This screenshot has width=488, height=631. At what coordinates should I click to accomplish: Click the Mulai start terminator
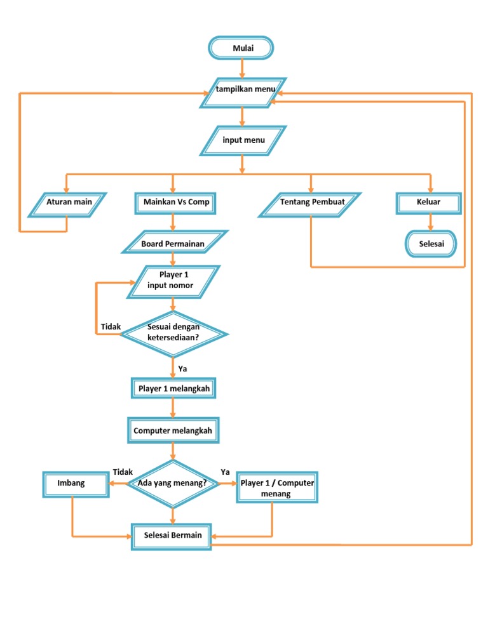tap(241, 48)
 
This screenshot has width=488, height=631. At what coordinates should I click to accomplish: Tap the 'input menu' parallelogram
tap(243, 140)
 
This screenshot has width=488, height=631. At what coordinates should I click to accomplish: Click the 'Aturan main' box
tap(69, 203)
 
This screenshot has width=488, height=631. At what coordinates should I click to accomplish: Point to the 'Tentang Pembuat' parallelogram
tap(311, 203)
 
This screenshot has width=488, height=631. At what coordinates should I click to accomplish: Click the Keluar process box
tap(428, 203)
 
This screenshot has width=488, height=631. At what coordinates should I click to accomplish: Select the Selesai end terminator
tap(430, 244)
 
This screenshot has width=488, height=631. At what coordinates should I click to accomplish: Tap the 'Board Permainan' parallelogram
tap(173, 242)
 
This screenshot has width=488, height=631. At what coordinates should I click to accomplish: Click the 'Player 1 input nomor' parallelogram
tap(173, 281)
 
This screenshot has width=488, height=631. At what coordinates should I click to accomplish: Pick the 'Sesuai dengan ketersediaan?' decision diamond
tap(173, 331)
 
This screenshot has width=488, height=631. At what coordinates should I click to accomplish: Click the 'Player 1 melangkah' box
tap(173, 389)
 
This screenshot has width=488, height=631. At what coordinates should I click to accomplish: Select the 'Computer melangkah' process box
tap(172, 431)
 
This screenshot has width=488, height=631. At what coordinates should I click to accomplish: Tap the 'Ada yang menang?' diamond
tap(172, 484)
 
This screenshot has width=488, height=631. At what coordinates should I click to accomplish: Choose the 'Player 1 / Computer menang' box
tap(276, 488)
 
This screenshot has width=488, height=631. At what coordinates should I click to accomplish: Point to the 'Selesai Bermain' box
tap(172, 535)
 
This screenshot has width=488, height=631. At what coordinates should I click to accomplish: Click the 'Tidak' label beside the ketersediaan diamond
tap(111, 327)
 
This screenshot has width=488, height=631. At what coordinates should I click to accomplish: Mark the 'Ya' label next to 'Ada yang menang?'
tap(225, 472)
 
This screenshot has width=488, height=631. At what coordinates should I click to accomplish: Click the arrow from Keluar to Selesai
tap(430, 222)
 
